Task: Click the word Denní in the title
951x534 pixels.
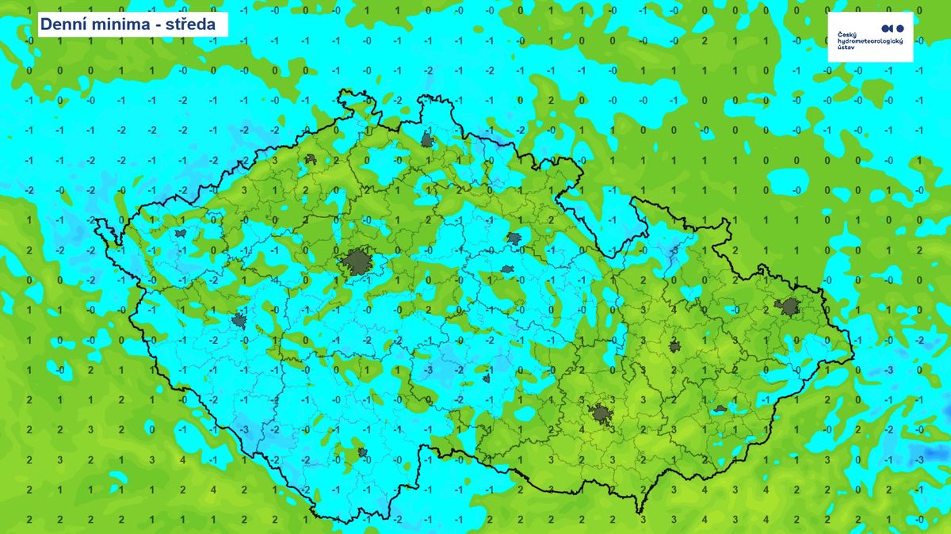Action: click(63, 25)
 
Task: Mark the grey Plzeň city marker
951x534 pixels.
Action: click(239, 321)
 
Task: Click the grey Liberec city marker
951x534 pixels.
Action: click(428, 140)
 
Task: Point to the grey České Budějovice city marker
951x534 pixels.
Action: click(364, 453)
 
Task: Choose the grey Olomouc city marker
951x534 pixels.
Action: click(674, 346)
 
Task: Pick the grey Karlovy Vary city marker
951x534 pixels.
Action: click(181, 234)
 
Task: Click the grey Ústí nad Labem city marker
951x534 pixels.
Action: click(311, 159)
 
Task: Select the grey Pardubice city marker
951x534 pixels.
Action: click(507, 269)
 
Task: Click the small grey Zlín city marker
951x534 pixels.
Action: click(720, 409)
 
